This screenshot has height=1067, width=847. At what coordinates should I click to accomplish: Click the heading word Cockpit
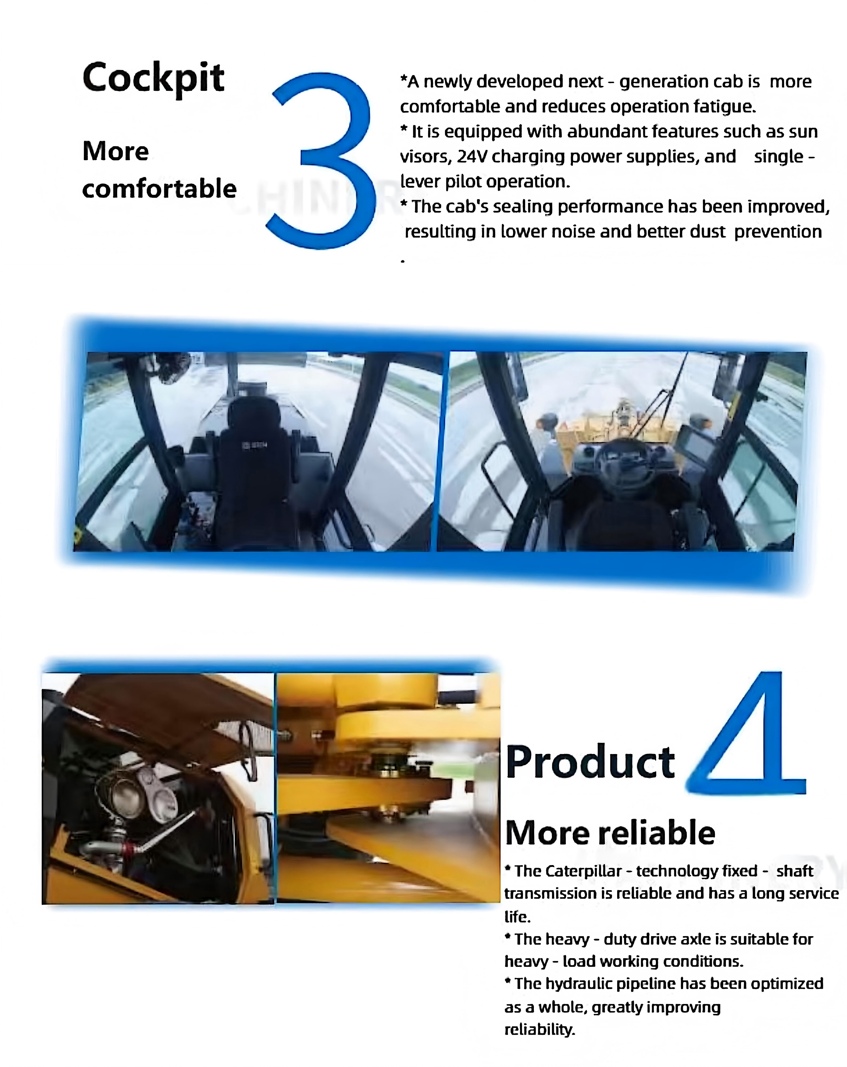point(153,78)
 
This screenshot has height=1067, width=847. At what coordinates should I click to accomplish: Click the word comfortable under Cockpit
point(159,189)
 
